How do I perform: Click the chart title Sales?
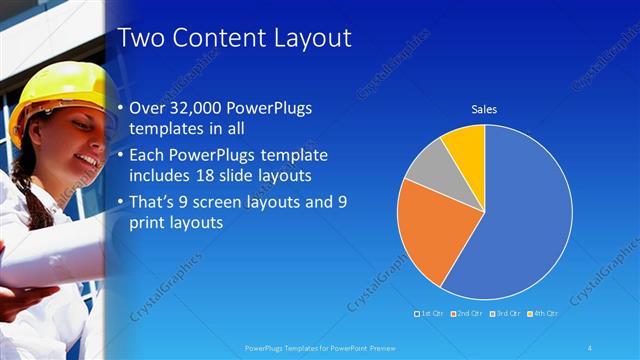tap(484, 110)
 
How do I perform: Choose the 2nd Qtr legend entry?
tap(469, 314)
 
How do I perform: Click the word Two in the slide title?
tap(139, 39)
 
